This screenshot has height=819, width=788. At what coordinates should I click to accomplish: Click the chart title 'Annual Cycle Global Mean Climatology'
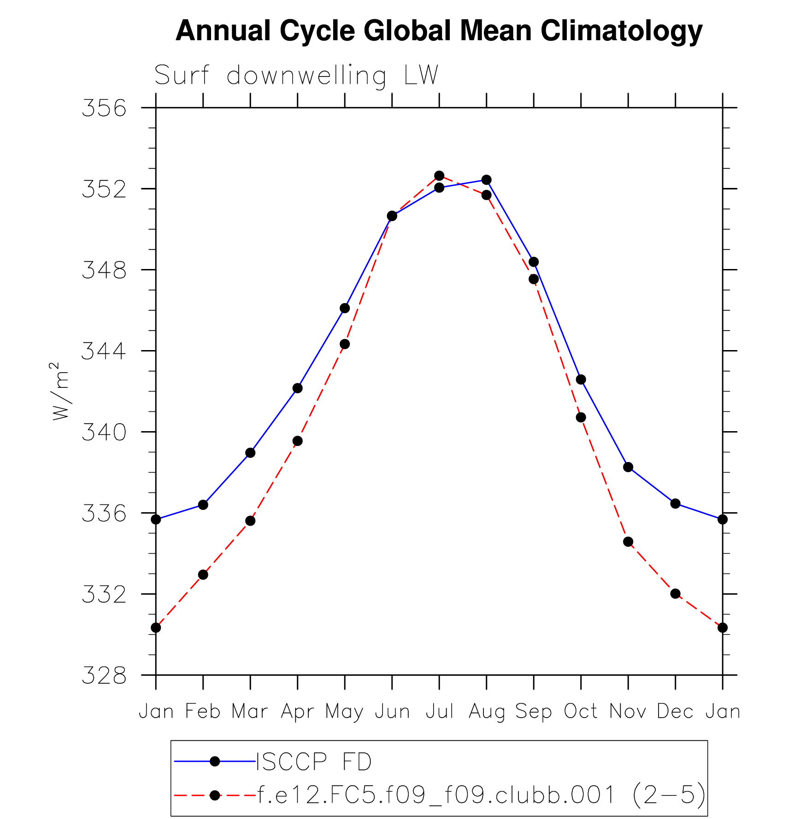[439, 31]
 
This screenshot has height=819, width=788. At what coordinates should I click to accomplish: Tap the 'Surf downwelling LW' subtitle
[296, 76]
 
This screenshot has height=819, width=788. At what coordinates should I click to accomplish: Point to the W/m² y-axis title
[60, 391]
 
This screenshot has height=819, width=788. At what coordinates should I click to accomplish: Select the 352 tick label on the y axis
[104, 189]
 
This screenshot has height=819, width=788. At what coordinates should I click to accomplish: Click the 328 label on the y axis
[104, 676]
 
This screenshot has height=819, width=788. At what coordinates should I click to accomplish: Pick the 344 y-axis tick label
[104, 351]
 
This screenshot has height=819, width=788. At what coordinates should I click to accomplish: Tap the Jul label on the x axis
[439, 711]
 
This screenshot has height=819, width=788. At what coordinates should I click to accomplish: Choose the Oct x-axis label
[581, 711]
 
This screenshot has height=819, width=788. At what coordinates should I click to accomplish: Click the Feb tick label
[203, 711]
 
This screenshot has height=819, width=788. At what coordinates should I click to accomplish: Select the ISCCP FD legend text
[314, 761]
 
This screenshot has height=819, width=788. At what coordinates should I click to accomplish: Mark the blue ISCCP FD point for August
[487, 180]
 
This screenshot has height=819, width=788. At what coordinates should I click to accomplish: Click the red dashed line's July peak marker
[439, 176]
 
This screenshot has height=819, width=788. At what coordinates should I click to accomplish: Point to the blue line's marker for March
[250, 453]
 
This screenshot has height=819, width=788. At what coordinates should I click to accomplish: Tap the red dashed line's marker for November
[628, 542]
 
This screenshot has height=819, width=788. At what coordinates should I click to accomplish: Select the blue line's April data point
[298, 388]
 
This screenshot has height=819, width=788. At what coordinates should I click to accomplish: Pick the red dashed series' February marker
[203, 575]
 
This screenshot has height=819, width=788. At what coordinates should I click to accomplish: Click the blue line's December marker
[676, 503]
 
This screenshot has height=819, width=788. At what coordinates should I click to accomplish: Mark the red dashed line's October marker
[581, 417]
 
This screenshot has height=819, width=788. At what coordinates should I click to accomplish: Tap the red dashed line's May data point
[345, 344]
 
